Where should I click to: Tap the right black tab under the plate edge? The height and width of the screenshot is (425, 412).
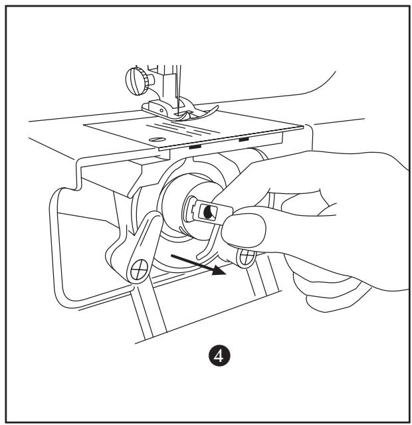243,140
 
